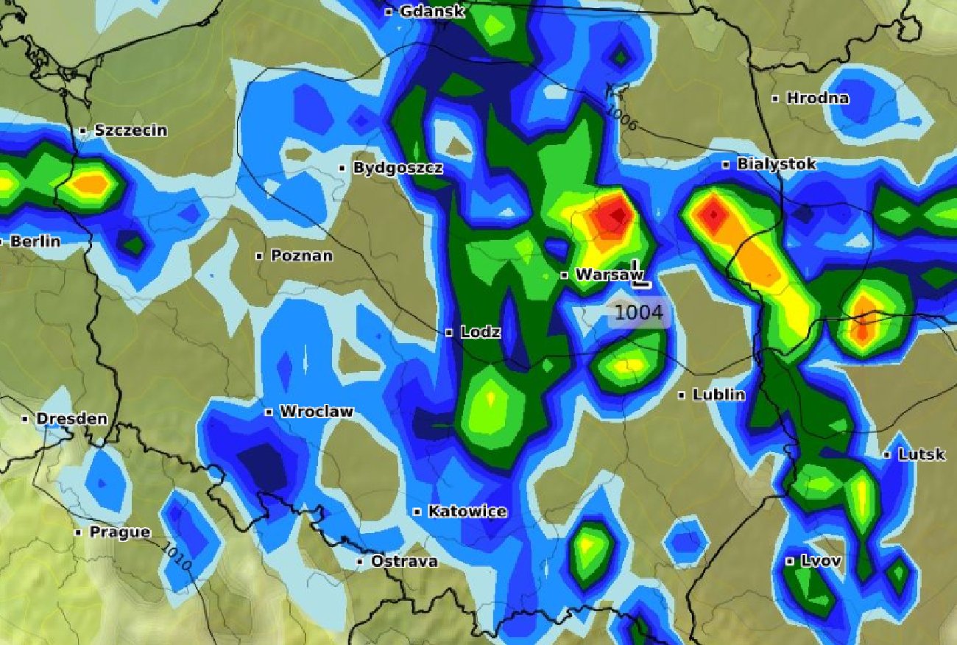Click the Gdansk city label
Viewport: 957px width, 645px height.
[432, 12]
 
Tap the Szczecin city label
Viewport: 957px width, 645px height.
[130, 131]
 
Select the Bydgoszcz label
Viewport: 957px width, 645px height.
[398, 168]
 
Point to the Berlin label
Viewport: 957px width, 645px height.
[35, 242]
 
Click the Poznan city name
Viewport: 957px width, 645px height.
[301, 256]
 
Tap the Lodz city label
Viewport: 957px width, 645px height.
[480, 332]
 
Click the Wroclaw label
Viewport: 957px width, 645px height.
[316, 412]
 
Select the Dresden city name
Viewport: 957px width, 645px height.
[71, 419]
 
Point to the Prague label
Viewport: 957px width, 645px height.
[119, 532]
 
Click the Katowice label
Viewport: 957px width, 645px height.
[467, 511]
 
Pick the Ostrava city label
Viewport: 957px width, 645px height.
[403, 561]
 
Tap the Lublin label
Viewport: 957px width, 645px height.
[718, 395]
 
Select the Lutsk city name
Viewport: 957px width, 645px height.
[921, 454]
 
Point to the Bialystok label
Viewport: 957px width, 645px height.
[776, 164]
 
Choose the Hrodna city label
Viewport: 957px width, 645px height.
[817, 98]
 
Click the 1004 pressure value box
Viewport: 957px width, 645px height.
[639, 312]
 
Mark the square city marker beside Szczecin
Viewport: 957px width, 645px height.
[83, 131]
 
